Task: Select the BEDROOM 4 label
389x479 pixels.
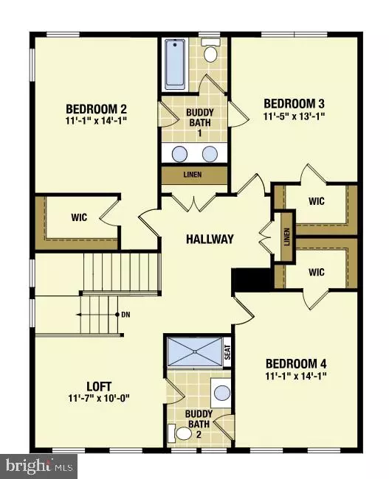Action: [296, 364]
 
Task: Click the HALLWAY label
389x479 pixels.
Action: [210, 239]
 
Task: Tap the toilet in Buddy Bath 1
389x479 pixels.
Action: [210, 53]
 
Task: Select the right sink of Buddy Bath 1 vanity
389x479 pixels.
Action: [210, 154]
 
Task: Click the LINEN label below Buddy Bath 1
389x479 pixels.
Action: [195, 175]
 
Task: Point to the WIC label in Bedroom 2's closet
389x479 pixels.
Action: [80, 218]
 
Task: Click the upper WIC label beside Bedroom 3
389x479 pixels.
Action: [317, 200]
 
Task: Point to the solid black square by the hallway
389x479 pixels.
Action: [242, 280]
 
